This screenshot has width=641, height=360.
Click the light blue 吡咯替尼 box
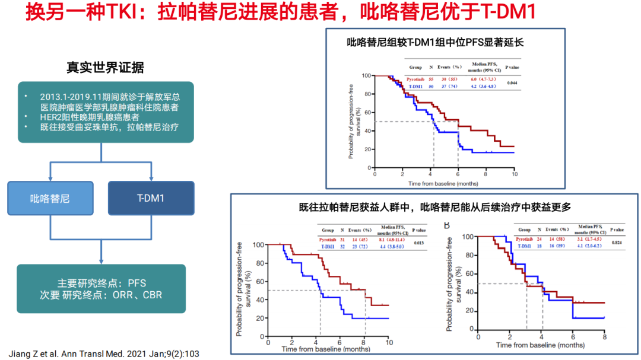50,198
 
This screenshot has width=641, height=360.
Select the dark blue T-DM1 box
151,198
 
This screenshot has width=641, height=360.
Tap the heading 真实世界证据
105,67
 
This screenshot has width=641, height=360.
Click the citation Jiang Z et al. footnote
104,353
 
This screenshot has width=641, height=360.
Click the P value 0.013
419,242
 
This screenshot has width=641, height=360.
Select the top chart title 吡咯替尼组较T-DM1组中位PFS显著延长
436,43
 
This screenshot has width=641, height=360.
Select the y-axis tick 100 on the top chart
366,76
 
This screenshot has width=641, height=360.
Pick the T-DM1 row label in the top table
415,87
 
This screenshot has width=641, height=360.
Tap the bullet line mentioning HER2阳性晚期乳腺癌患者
90,117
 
